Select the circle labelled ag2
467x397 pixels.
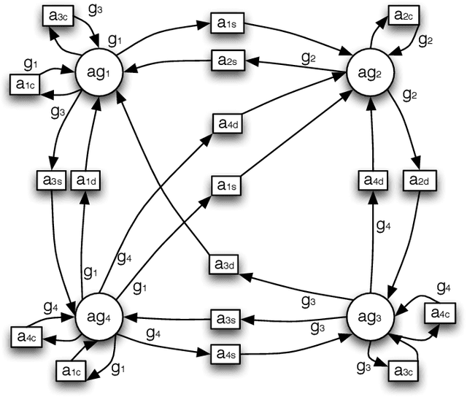371,74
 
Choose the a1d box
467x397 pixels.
86,179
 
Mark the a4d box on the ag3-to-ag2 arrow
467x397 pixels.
371,179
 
